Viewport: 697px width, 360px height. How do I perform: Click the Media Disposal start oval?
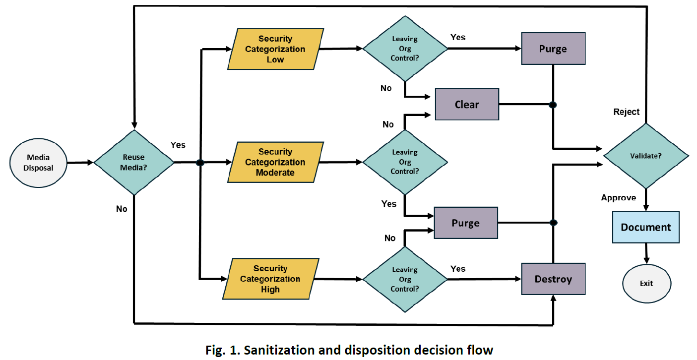[x=38, y=162]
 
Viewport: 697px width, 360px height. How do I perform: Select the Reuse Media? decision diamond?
[x=133, y=162]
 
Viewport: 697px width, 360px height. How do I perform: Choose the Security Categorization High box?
[x=270, y=279]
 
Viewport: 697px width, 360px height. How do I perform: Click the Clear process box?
[x=467, y=105]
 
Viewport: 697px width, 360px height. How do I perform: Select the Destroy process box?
[x=553, y=279]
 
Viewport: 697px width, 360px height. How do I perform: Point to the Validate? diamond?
[x=645, y=156]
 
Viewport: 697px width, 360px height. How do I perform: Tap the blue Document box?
[x=645, y=227]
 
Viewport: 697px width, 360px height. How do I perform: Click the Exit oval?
[x=646, y=284]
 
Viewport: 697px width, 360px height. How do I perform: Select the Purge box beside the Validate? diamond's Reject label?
[x=553, y=49]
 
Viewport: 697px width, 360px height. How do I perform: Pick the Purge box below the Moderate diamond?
[x=465, y=223]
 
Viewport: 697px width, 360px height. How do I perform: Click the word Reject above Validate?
[x=627, y=112]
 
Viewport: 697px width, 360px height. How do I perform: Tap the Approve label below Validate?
[x=618, y=198]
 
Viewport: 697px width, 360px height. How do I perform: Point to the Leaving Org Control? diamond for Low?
[x=405, y=49]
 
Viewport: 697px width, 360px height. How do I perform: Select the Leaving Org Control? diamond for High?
[x=405, y=280]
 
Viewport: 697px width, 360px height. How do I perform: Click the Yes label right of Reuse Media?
[x=178, y=145]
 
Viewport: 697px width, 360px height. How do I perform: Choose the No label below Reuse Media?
[x=122, y=209]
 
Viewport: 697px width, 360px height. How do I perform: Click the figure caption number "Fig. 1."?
[x=222, y=350]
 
